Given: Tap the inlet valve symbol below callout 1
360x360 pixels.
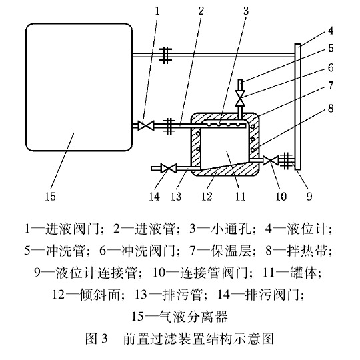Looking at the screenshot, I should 143,125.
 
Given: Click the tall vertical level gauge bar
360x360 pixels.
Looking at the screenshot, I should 297,107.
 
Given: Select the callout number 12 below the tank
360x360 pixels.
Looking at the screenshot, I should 210,197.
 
